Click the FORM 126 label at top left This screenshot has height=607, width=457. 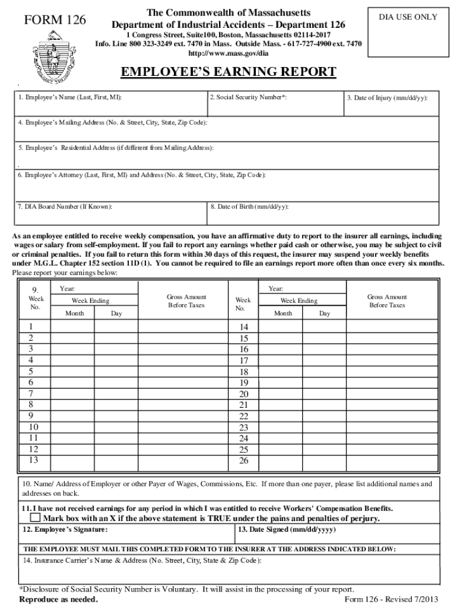pos(55,20)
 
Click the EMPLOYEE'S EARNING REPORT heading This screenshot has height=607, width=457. pos(228,72)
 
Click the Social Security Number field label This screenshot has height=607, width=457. pos(248,97)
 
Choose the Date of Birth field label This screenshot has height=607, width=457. pos(249,207)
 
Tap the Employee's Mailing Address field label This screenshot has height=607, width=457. pos(113,123)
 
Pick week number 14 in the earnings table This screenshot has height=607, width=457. pos(243,327)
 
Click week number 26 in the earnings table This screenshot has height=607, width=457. pos(243,461)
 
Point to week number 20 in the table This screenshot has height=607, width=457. pos(243,394)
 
